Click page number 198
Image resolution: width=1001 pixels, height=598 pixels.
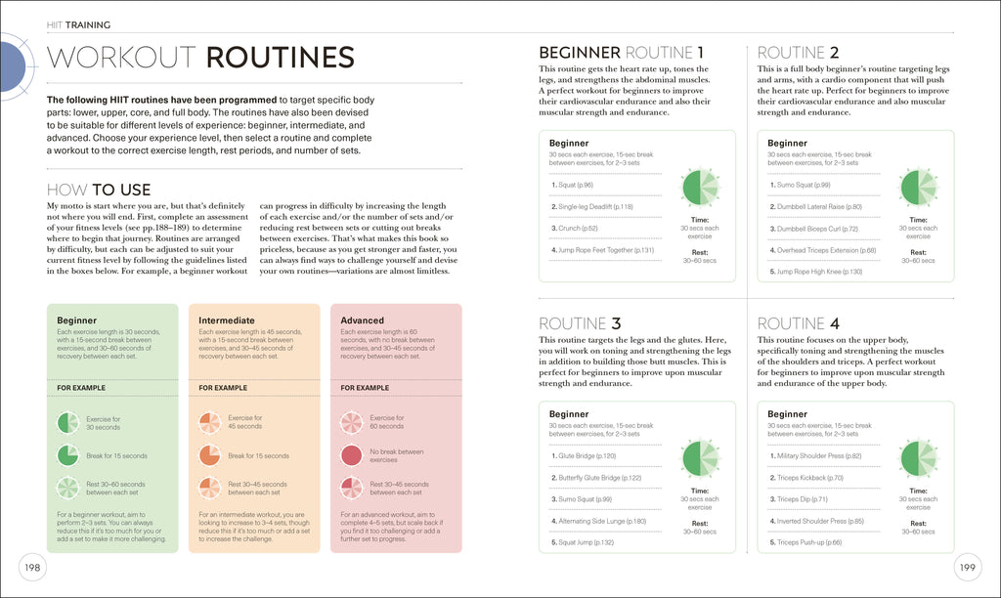[x=32, y=567]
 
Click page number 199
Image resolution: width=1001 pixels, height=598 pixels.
[x=968, y=567]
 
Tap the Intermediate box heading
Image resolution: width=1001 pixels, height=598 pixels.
[x=227, y=320]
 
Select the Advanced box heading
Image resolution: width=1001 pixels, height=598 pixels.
[x=363, y=320]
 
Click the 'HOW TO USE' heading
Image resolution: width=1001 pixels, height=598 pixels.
[x=99, y=190]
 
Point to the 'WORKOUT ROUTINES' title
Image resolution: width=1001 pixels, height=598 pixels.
[x=200, y=58]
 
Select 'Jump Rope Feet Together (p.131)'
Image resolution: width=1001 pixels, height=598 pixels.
[x=605, y=250]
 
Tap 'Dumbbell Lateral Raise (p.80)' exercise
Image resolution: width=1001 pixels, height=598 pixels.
[x=819, y=207]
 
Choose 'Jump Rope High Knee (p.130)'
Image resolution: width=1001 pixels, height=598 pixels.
[x=819, y=271]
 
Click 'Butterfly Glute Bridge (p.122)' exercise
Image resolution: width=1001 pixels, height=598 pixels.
[x=599, y=478]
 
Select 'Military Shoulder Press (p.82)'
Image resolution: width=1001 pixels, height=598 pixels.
[x=819, y=456]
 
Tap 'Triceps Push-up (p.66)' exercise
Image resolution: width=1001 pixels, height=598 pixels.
[x=810, y=541]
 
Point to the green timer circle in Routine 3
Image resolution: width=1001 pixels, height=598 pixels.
[x=700, y=457]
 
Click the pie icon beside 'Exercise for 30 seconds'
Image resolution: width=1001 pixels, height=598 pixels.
[x=67, y=423]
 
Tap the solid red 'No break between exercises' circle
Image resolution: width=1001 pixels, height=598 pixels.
[x=351, y=455]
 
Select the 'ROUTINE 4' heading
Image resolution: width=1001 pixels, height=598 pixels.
[x=799, y=323]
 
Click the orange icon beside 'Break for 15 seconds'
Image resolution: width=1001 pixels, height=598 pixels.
[x=209, y=455]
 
